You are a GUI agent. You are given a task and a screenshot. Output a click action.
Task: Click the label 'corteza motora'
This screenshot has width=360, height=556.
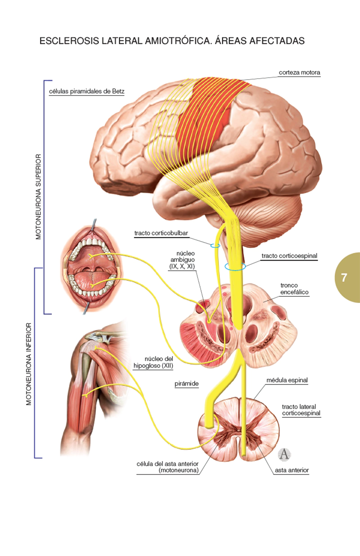pos(299,72)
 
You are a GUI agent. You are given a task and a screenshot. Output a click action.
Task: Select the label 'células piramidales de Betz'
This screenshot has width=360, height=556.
pos(86,91)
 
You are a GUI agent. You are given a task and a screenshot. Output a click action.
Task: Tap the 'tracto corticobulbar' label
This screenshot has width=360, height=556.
pos(161,234)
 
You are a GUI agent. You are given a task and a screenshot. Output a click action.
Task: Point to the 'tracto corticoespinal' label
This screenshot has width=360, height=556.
pos(289,256)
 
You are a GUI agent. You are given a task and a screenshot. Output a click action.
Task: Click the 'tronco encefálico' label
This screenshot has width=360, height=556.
pos(294,289)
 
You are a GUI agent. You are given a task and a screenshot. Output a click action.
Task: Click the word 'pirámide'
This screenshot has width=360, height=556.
pos(186,384)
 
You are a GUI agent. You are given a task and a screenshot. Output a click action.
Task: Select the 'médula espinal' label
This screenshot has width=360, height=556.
pos(287,380)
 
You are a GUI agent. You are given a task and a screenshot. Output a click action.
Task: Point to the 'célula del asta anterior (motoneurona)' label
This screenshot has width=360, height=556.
pos(167,467)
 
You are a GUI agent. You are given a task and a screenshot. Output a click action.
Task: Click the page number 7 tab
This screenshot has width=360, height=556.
pos(345,277)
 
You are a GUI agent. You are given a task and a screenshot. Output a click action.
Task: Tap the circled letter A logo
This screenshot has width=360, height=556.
pos(283,454)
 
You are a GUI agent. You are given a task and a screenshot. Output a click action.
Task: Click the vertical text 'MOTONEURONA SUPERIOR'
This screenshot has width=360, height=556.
pos(38,197)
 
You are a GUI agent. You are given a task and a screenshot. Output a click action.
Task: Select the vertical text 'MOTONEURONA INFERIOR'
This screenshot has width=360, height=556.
pos(29,363)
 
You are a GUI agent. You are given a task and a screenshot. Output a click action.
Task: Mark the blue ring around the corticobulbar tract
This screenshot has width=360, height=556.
pos(215,245)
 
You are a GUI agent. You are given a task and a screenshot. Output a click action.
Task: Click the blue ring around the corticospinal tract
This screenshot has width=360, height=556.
pos(235,267)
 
